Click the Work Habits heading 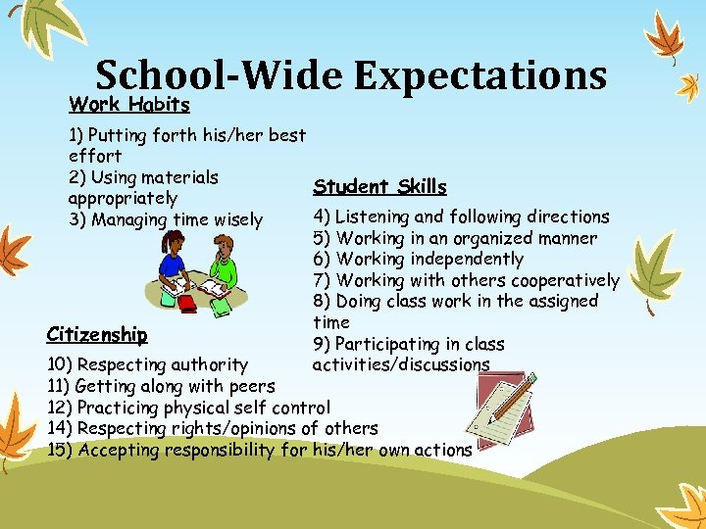(128, 104)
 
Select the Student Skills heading (379, 187)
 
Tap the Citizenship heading (96, 334)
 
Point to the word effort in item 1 (95, 156)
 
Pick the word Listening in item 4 (373, 216)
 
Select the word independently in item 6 (466, 259)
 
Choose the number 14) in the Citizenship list (59, 428)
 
